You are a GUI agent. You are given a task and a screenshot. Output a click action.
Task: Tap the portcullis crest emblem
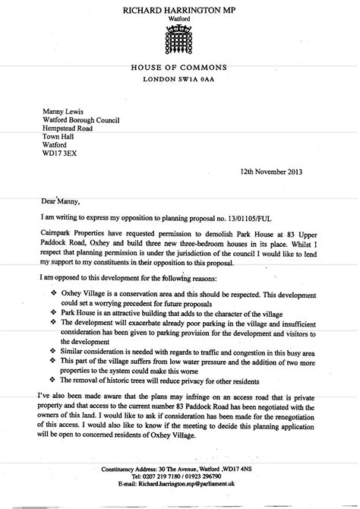pos(180,42)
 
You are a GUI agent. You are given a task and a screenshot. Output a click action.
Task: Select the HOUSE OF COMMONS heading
pos(180,69)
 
